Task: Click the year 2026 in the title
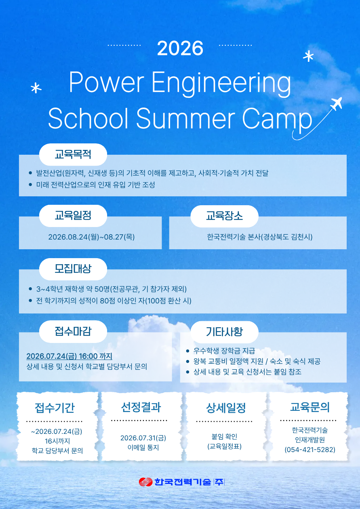[180, 48]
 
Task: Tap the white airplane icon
[336, 103]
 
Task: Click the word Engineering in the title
[221, 83]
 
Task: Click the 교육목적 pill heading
[73, 154]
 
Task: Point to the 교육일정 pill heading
[73, 216]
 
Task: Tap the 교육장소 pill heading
[224, 216]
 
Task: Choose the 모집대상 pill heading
[73, 269]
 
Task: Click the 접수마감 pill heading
[73, 332]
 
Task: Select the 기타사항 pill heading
[224, 332]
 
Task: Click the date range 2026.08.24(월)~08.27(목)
[91, 237]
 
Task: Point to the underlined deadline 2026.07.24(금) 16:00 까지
[69, 356]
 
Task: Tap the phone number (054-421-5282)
[310, 450]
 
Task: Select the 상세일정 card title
[226, 408]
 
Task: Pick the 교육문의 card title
[310, 407]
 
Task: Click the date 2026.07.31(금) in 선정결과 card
[143, 438]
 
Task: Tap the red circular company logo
[145, 482]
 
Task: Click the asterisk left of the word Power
[36, 88]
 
